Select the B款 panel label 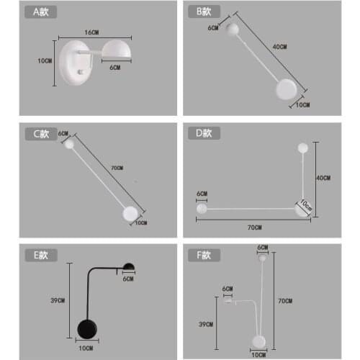(x=202, y=12)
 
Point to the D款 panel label (x=202, y=133)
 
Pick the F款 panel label (x=202, y=256)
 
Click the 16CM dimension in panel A (x=91, y=33)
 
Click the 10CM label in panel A (x=45, y=61)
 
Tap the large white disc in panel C (x=130, y=213)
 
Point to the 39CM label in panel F (x=207, y=324)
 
